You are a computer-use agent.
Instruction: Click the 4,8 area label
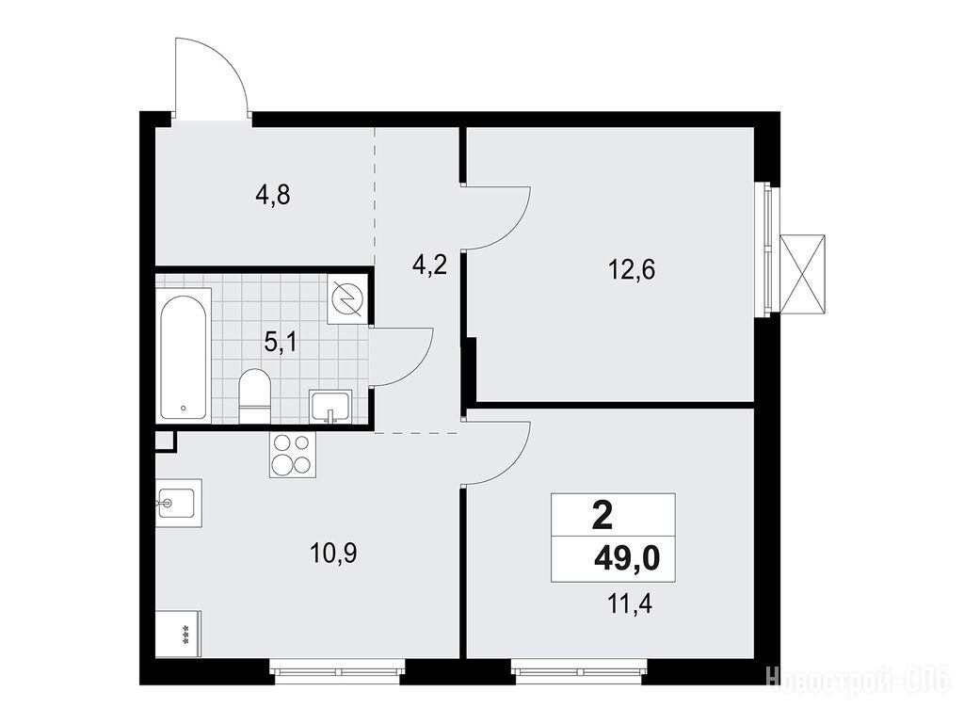(x=272, y=196)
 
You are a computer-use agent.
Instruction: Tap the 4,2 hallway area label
(x=429, y=266)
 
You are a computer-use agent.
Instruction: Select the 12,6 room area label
(x=632, y=269)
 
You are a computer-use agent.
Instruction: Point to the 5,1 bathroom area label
(x=281, y=342)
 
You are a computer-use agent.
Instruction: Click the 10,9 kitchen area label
(x=334, y=554)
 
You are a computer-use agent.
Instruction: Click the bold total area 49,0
(x=626, y=559)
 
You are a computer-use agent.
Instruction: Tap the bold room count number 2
(x=602, y=516)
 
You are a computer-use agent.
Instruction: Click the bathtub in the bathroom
(x=184, y=356)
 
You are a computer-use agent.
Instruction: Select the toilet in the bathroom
(x=254, y=396)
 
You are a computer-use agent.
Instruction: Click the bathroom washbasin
(x=331, y=407)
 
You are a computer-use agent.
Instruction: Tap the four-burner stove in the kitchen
(x=292, y=455)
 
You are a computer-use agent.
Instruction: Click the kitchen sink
(x=178, y=503)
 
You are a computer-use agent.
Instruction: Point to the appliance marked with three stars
(x=178, y=634)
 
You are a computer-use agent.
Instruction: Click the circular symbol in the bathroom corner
(x=348, y=299)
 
